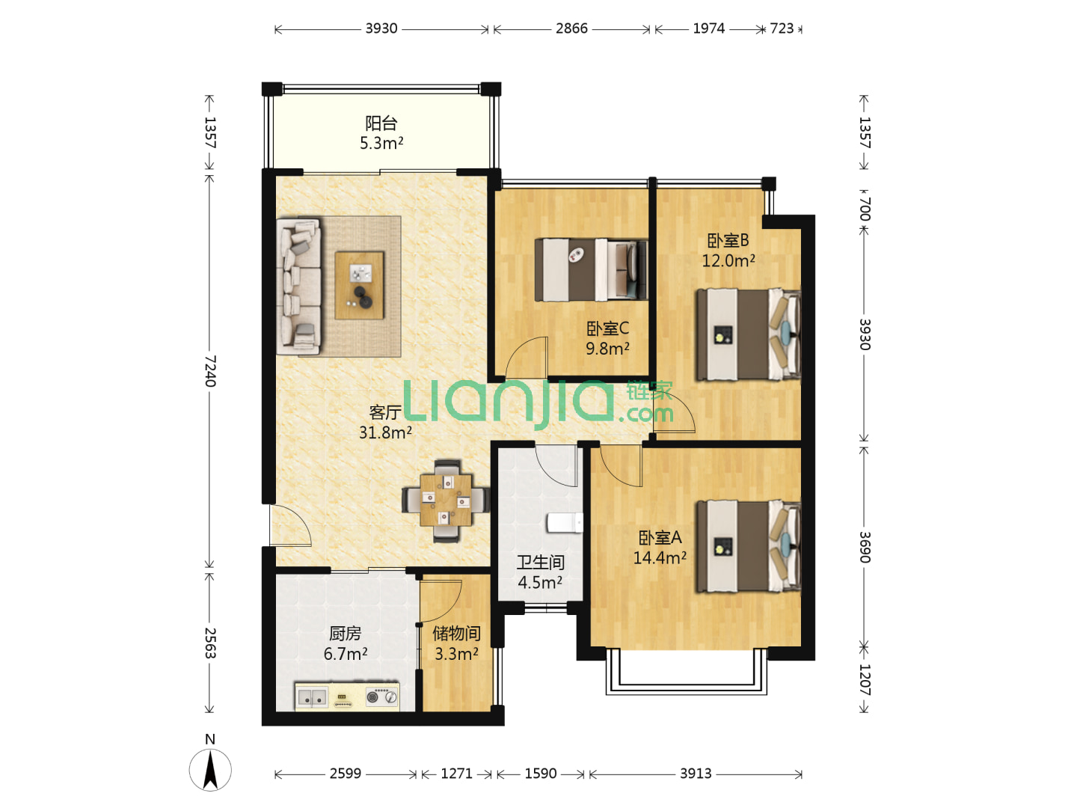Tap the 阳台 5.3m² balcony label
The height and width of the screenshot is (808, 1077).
(381, 133)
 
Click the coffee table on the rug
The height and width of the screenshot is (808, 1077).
(359, 285)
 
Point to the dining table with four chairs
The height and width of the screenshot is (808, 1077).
(446, 501)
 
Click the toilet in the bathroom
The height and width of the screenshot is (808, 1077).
(565, 522)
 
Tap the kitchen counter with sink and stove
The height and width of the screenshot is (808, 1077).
(347, 696)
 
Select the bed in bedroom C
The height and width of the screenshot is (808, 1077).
(591, 269)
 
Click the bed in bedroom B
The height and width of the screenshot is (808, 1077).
(748, 334)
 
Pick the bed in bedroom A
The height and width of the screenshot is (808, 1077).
(748, 546)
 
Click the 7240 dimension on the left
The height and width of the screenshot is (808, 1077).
(210, 371)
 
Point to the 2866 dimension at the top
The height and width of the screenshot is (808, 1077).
(571, 28)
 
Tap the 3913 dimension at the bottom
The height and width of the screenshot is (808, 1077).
(696, 774)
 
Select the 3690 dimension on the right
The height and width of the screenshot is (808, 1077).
(864, 547)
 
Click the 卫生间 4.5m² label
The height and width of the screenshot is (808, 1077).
(540, 572)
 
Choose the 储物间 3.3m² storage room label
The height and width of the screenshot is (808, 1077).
(456, 643)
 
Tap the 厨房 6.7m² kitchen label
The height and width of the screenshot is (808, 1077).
(346, 643)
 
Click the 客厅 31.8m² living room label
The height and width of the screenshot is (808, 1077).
(385, 422)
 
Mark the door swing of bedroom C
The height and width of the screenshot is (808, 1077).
(527, 357)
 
